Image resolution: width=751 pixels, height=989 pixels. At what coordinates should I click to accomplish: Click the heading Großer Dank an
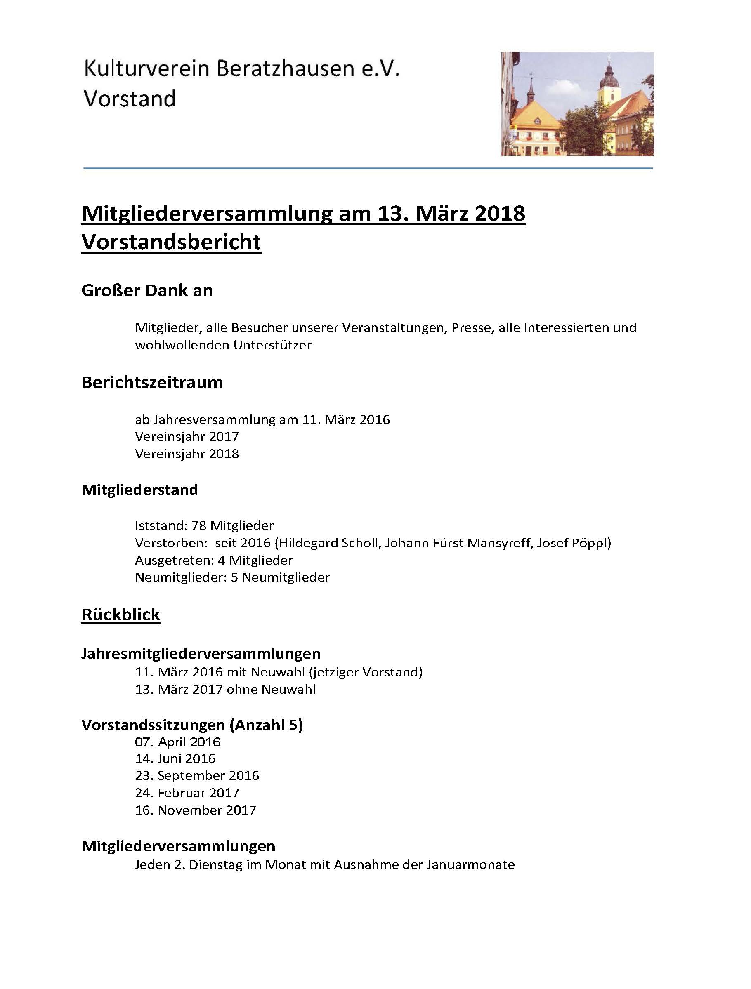147,291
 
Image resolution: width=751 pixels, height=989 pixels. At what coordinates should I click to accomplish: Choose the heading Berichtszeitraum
152,383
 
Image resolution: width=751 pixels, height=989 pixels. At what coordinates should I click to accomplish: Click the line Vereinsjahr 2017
187,436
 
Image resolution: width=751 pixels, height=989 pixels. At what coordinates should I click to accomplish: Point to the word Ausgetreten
174,560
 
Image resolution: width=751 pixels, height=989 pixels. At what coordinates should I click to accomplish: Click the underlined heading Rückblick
121,615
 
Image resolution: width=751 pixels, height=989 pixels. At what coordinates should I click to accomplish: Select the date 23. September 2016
197,776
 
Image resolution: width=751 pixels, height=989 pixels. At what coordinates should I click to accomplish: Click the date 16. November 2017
196,810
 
